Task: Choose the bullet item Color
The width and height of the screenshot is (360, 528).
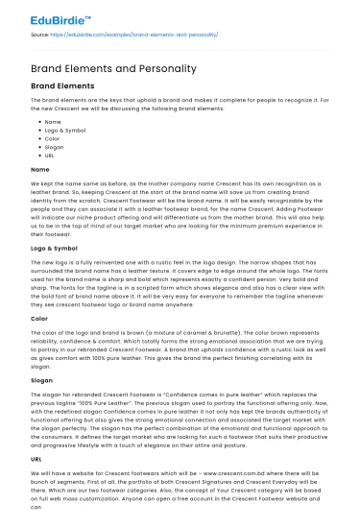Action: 52,137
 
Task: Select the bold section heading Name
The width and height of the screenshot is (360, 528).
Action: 40,168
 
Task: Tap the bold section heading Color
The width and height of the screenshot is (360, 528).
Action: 40,318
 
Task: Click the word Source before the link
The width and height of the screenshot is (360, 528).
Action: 41,34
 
